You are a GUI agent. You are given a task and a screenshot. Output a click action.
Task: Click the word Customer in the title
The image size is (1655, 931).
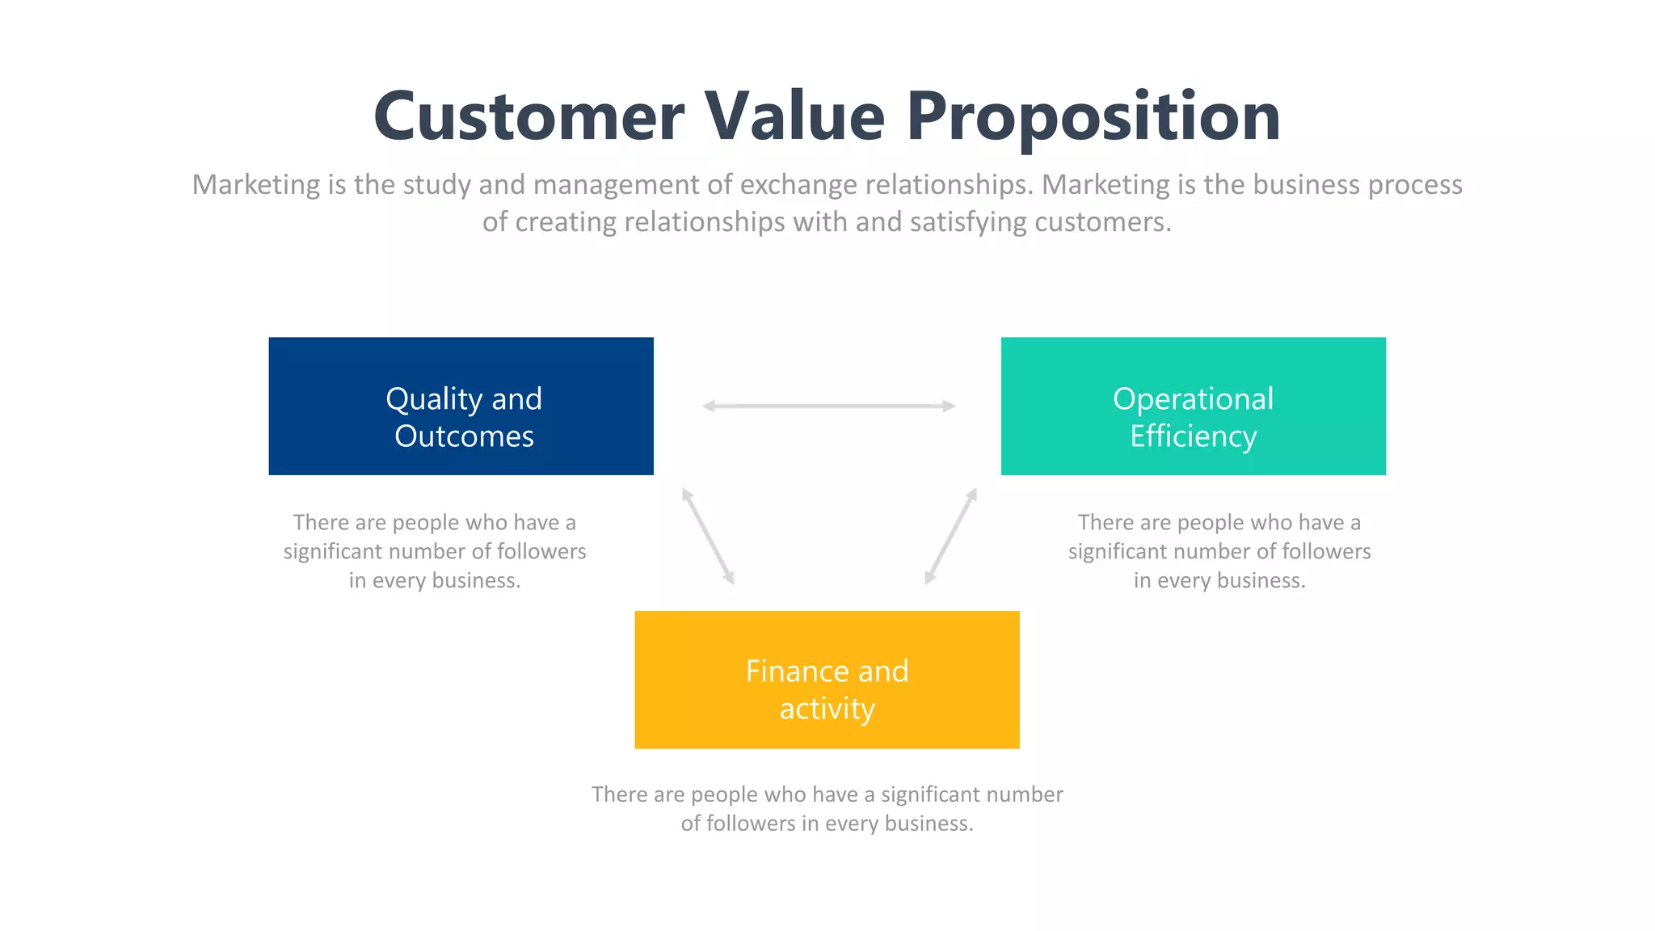coord(529,117)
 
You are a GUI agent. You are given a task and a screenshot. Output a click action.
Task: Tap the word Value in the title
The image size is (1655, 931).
coord(795,117)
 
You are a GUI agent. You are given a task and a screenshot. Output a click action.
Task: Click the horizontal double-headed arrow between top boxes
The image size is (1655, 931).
coord(828,406)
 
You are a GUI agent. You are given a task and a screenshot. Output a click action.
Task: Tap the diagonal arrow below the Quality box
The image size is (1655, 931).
coord(708,536)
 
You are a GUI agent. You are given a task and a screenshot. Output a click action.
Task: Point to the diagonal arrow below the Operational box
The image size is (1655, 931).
coord(951,536)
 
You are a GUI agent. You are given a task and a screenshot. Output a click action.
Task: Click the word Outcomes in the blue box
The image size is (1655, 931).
coord(464,436)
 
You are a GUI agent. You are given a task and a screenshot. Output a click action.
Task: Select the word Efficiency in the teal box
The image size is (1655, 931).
coord(1193,436)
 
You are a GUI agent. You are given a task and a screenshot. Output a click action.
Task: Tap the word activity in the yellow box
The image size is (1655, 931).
coord(827,709)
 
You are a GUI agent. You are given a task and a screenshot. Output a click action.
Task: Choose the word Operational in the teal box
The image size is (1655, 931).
coord(1193,399)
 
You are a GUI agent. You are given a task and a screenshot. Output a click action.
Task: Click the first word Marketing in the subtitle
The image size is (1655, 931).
coord(256,185)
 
